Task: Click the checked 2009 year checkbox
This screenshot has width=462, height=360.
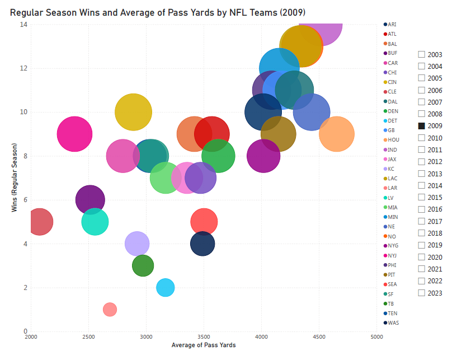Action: pyautogui.click(x=422, y=126)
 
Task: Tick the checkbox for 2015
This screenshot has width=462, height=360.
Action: pyautogui.click(x=422, y=198)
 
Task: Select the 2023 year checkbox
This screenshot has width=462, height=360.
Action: pyautogui.click(x=422, y=293)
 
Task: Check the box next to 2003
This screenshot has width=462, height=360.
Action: pyautogui.click(x=422, y=55)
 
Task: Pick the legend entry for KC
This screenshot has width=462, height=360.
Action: pyautogui.click(x=391, y=169)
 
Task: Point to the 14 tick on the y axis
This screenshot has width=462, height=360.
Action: pyautogui.click(x=24, y=25)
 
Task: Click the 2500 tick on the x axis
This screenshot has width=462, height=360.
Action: pyautogui.click(x=88, y=337)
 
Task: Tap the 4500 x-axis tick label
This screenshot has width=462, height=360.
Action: pyautogui.click(x=319, y=337)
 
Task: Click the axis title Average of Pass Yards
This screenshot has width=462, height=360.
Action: pyautogui.click(x=204, y=345)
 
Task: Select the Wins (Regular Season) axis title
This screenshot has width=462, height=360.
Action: pyautogui.click(x=15, y=178)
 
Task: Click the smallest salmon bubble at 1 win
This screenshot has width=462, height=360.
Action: pyautogui.click(x=110, y=309)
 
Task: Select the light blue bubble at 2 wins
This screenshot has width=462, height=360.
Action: pyautogui.click(x=165, y=287)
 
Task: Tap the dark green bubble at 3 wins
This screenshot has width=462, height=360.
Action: pyautogui.click(x=143, y=266)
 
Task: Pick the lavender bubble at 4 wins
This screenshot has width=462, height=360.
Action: pyautogui.click(x=137, y=244)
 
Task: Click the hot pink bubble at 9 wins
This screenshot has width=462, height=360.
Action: pyautogui.click(x=74, y=134)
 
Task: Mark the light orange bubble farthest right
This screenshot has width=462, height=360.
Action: pyautogui.click(x=337, y=134)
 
